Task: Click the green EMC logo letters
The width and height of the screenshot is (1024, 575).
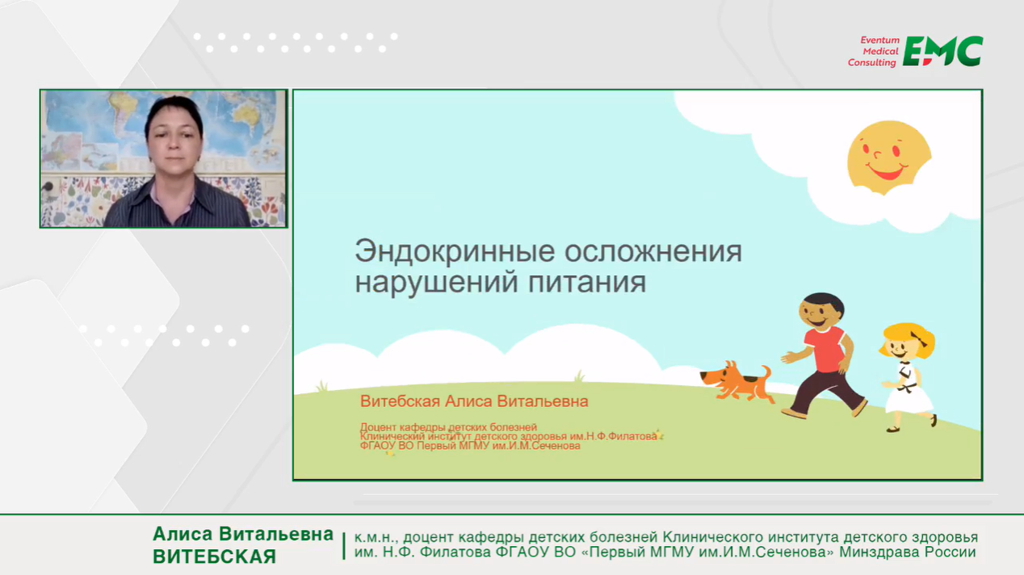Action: (x=942, y=51)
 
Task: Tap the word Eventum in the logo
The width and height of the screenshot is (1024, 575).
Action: (x=879, y=40)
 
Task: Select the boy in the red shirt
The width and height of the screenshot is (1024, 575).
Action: (x=823, y=355)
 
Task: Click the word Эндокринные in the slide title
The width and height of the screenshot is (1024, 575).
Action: (x=455, y=251)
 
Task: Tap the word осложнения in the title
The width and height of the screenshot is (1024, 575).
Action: (x=653, y=252)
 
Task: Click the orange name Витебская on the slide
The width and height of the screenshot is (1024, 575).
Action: (x=400, y=401)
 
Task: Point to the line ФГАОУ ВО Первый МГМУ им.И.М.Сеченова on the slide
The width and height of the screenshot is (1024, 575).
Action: (x=470, y=446)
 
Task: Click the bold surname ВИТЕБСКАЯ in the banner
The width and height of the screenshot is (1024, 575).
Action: (x=214, y=556)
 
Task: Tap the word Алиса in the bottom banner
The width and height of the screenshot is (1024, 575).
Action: (x=183, y=534)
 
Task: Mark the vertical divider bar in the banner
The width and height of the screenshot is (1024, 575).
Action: (x=344, y=545)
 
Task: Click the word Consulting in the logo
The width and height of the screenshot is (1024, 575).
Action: (x=871, y=63)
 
